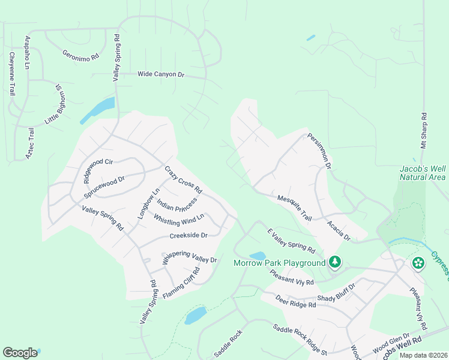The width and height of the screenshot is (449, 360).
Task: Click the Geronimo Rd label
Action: [x=80, y=56]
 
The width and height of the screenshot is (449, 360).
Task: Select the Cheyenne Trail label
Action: [x=11, y=74]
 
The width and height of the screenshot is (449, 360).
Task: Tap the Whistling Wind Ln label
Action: [x=179, y=220]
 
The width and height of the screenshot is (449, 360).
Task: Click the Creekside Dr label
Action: [x=188, y=236]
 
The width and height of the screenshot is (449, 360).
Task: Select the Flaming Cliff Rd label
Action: [x=181, y=283]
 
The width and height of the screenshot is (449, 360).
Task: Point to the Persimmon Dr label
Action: [x=320, y=151]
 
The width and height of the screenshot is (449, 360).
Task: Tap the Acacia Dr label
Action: [x=339, y=230]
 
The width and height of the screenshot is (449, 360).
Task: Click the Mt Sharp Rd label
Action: [x=423, y=130]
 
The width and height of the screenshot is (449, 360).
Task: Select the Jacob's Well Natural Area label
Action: [x=423, y=173]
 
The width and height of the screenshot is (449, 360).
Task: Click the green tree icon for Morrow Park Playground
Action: [x=335, y=262]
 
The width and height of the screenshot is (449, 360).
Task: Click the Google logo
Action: [x=20, y=353]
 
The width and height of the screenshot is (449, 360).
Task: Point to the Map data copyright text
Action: [x=423, y=355]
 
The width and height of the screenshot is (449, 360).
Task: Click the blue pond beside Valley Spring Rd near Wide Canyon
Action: [x=97, y=110]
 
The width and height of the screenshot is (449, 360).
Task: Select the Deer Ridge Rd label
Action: [x=295, y=301]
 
